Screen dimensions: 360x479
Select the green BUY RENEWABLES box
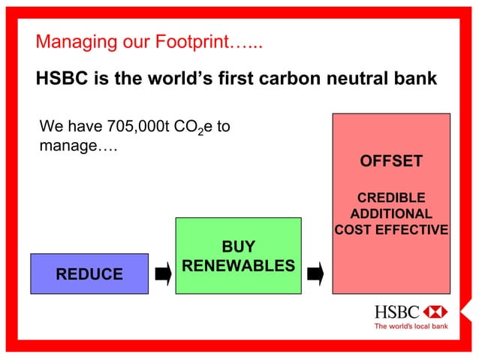click(x=238, y=255)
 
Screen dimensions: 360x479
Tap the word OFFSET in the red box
click(x=391, y=162)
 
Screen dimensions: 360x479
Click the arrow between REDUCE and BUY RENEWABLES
click(x=162, y=274)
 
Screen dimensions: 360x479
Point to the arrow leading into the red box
click(x=316, y=274)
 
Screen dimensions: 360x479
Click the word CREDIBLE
click(x=391, y=198)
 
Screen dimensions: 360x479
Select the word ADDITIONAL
click(x=391, y=214)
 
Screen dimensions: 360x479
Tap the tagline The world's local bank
click(x=411, y=327)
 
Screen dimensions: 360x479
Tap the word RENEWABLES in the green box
click(x=238, y=266)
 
